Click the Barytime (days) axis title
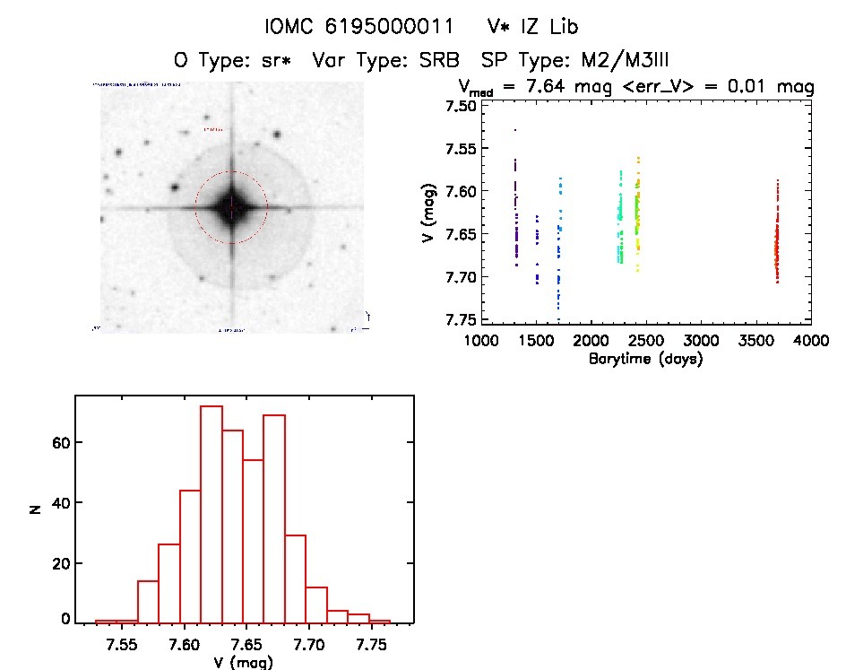click(x=645, y=360)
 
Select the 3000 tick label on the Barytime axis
click(x=701, y=341)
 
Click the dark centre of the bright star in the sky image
click(x=231, y=207)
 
